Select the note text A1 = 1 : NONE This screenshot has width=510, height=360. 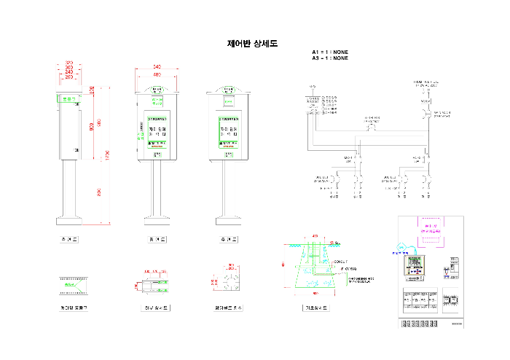330,52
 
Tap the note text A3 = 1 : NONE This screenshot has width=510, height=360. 330,58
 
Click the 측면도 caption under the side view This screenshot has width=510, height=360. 70,239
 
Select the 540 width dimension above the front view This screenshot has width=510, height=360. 157,67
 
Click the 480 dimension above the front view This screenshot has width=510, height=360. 157,74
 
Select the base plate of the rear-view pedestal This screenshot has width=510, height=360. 228,219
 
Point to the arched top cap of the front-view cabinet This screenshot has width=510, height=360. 157,89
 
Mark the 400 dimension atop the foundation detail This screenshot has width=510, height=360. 315,236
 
